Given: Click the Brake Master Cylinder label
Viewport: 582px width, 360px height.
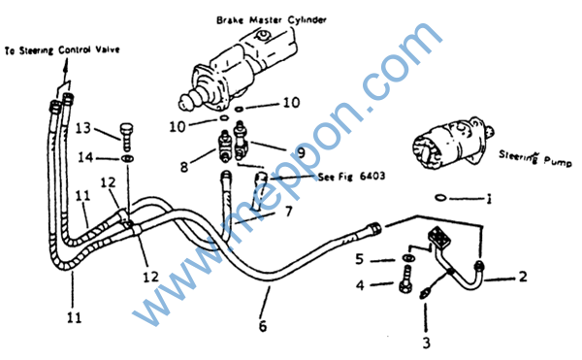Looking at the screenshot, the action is pos(272,19).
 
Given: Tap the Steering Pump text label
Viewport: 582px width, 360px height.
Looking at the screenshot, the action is pos(534,158).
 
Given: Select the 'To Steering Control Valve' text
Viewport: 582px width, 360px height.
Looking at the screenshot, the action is pos(62,49).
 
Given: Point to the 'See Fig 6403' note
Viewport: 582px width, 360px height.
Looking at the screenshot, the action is pos(351,176).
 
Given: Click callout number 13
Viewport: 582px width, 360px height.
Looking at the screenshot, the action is pos(83,128).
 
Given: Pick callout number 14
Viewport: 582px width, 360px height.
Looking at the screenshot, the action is pos(85,157).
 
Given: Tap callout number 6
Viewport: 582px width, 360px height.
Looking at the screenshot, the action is pos(263,326).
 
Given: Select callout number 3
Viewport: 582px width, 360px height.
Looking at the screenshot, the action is pos(427,343).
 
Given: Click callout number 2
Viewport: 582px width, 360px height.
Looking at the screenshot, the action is pos(523,277).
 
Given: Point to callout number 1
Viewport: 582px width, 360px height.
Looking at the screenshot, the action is pos(490,199).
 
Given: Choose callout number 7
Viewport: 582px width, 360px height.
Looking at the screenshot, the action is pos(288,212).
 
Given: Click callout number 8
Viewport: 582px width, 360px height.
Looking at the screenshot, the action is pos(184,167).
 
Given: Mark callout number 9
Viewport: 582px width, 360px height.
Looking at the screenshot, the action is pos(301,152).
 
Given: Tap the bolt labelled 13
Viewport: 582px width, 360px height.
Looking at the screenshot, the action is pos(126,137).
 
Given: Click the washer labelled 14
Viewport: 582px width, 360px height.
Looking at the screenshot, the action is pos(127,158).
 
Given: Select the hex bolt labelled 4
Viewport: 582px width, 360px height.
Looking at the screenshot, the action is pos(405,279).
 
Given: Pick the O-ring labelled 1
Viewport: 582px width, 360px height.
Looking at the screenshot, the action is pos(440,198).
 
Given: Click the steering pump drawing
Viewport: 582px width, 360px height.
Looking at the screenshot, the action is pos(453,143).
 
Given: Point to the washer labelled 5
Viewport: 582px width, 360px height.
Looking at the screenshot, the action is pos(408,257).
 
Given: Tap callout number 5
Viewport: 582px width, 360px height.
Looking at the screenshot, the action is pos(359,259).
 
